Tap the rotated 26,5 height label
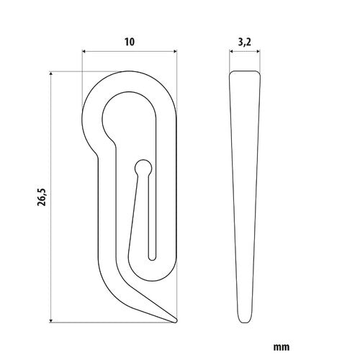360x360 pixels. pyautogui.click(x=41, y=196)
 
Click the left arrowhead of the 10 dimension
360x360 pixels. pyautogui.click(x=85, y=50)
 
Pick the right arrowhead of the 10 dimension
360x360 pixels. pyautogui.click(x=174, y=50)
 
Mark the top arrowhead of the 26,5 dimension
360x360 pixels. pyautogui.click(x=52, y=73)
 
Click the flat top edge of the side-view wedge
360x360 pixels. pyautogui.click(x=246, y=72)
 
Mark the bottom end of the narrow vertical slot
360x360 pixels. pyautogui.click(x=151, y=256)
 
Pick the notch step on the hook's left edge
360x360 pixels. pyautogui.click(x=96, y=153)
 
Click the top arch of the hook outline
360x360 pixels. pyautogui.click(x=130, y=73)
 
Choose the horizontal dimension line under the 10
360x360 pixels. pyautogui.click(x=130, y=50)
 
